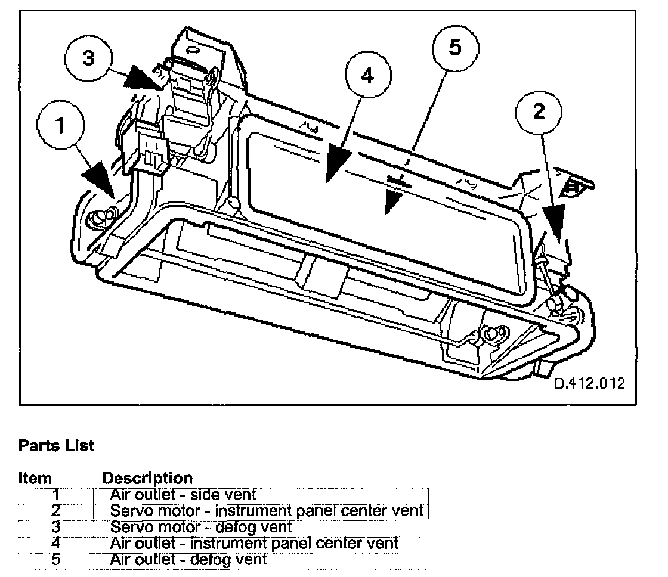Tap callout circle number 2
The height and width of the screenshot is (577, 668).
click(539, 111)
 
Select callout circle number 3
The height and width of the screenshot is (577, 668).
click(88, 58)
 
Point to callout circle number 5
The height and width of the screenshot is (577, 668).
click(456, 47)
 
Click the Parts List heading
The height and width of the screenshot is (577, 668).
click(56, 446)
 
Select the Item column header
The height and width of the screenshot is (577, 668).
click(35, 478)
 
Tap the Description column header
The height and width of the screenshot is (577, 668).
click(147, 478)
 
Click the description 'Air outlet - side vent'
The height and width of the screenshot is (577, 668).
click(183, 494)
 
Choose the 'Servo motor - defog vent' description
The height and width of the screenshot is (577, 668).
click(201, 527)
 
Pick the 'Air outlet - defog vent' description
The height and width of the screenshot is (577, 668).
click(188, 560)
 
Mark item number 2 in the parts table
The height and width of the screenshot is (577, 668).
click(55, 511)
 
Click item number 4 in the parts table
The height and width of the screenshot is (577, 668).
click(55, 543)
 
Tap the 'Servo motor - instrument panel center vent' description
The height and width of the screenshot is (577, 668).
click(266, 511)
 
